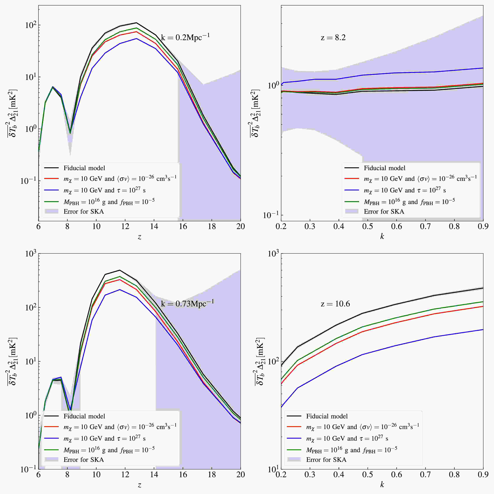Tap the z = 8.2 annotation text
(x=333, y=38)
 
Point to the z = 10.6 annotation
(x=335, y=304)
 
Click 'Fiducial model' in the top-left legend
(x=84, y=168)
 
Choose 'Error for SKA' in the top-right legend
(x=384, y=211)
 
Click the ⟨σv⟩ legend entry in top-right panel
(x=420, y=179)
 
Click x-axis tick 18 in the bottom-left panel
(x=212, y=475)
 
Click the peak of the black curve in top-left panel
(x=137, y=23)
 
